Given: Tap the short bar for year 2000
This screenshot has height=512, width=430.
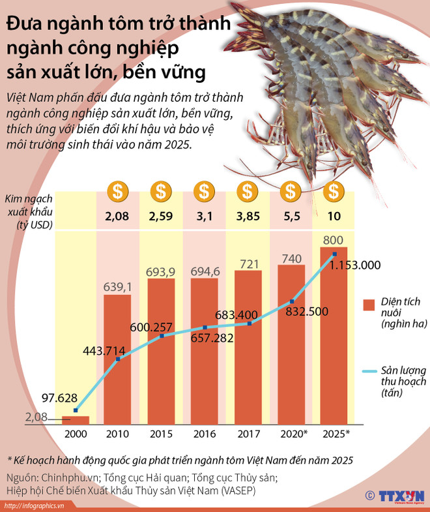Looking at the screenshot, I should (76, 419).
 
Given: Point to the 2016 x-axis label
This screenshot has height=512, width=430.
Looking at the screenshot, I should (205, 434).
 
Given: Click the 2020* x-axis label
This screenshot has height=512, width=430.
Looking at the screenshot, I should (291, 434).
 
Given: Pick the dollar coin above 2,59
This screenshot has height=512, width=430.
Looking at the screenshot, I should (160, 192).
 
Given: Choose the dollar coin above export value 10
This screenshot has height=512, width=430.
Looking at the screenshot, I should (334, 192).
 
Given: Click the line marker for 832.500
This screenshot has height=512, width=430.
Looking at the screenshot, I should (291, 302).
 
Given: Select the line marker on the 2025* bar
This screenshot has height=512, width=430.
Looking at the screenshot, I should (334, 254).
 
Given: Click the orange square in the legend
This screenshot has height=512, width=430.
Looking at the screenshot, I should (369, 304).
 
